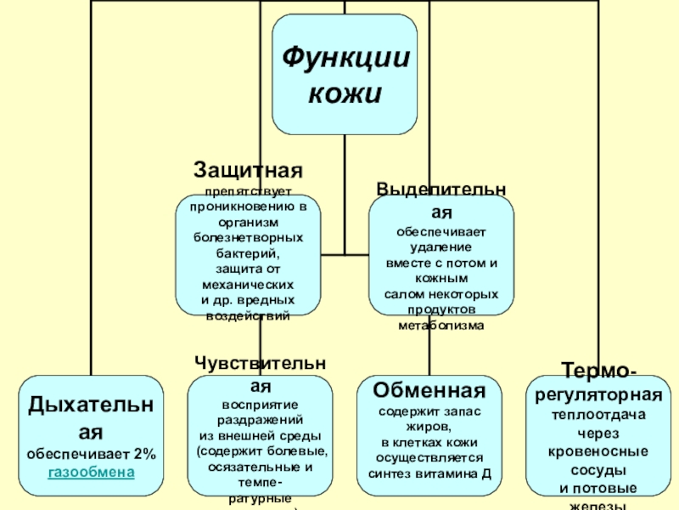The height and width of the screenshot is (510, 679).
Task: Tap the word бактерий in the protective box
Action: click(247, 253)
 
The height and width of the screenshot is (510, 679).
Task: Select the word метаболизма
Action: click(441, 326)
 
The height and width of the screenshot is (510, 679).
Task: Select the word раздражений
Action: click(259, 420)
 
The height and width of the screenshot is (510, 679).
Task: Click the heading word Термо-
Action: click(597, 371)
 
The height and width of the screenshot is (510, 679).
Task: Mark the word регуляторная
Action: click(598, 396)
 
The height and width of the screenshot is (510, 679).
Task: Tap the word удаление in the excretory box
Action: click(441, 246)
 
